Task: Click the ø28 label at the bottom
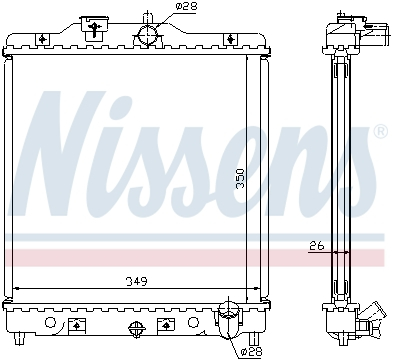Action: click(x=251, y=351)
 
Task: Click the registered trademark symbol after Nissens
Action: click(x=380, y=132)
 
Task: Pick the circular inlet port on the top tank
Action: click(x=148, y=35)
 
